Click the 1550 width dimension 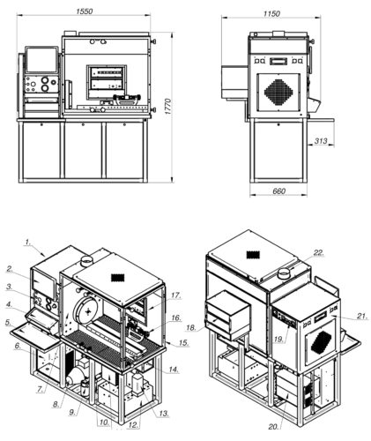point(85,11)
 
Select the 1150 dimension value point(271,14)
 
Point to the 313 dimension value point(321,141)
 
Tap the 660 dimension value point(278,191)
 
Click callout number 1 point(28,243)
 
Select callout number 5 point(9,323)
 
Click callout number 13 point(164,414)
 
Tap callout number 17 point(176,295)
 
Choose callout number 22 point(319,253)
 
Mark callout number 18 point(191,327)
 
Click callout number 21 point(362,317)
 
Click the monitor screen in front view point(41,60)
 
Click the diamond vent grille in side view point(278,93)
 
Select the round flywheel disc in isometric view point(87,310)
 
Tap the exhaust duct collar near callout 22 point(284,274)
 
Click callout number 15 point(184,343)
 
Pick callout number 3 point(10,287)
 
